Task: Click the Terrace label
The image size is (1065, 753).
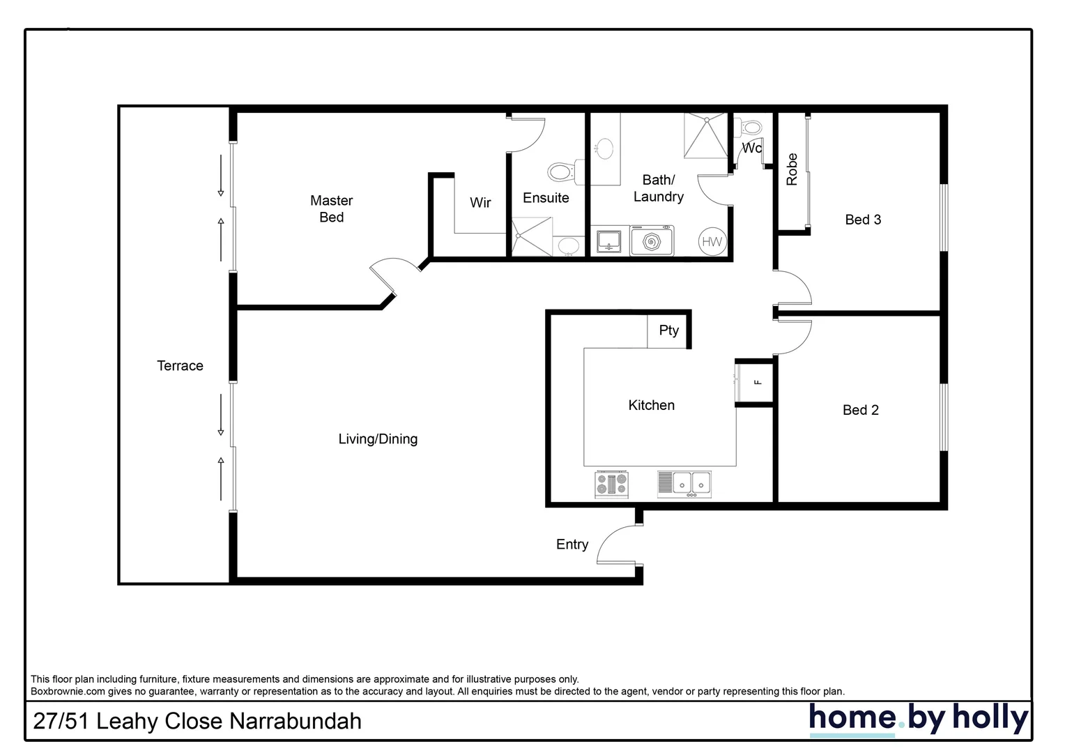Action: (x=180, y=366)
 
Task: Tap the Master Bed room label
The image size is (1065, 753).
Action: (x=331, y=209)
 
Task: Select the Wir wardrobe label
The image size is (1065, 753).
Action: (x=480, y=203)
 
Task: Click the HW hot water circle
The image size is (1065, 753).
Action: (x=712, y=242)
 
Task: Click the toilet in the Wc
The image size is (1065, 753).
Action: (x=749, y=128)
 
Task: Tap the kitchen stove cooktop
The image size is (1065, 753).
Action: (x=611, y=484)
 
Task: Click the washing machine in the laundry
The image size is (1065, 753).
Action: (x=652, y=241)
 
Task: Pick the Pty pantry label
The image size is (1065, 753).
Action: (x=668, y=330)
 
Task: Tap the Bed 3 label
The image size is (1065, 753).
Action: (x=863, y=220)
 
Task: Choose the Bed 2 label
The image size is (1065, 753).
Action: (x=860, y=410)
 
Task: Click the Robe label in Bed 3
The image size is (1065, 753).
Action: (x=792, y=169)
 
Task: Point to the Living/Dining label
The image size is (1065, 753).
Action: (x=378, y=439)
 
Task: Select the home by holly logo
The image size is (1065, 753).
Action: (x=918, y=718)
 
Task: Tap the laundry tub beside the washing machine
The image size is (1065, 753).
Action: (x=609, y=241)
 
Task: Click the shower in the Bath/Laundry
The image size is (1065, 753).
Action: (x=705, y=135)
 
